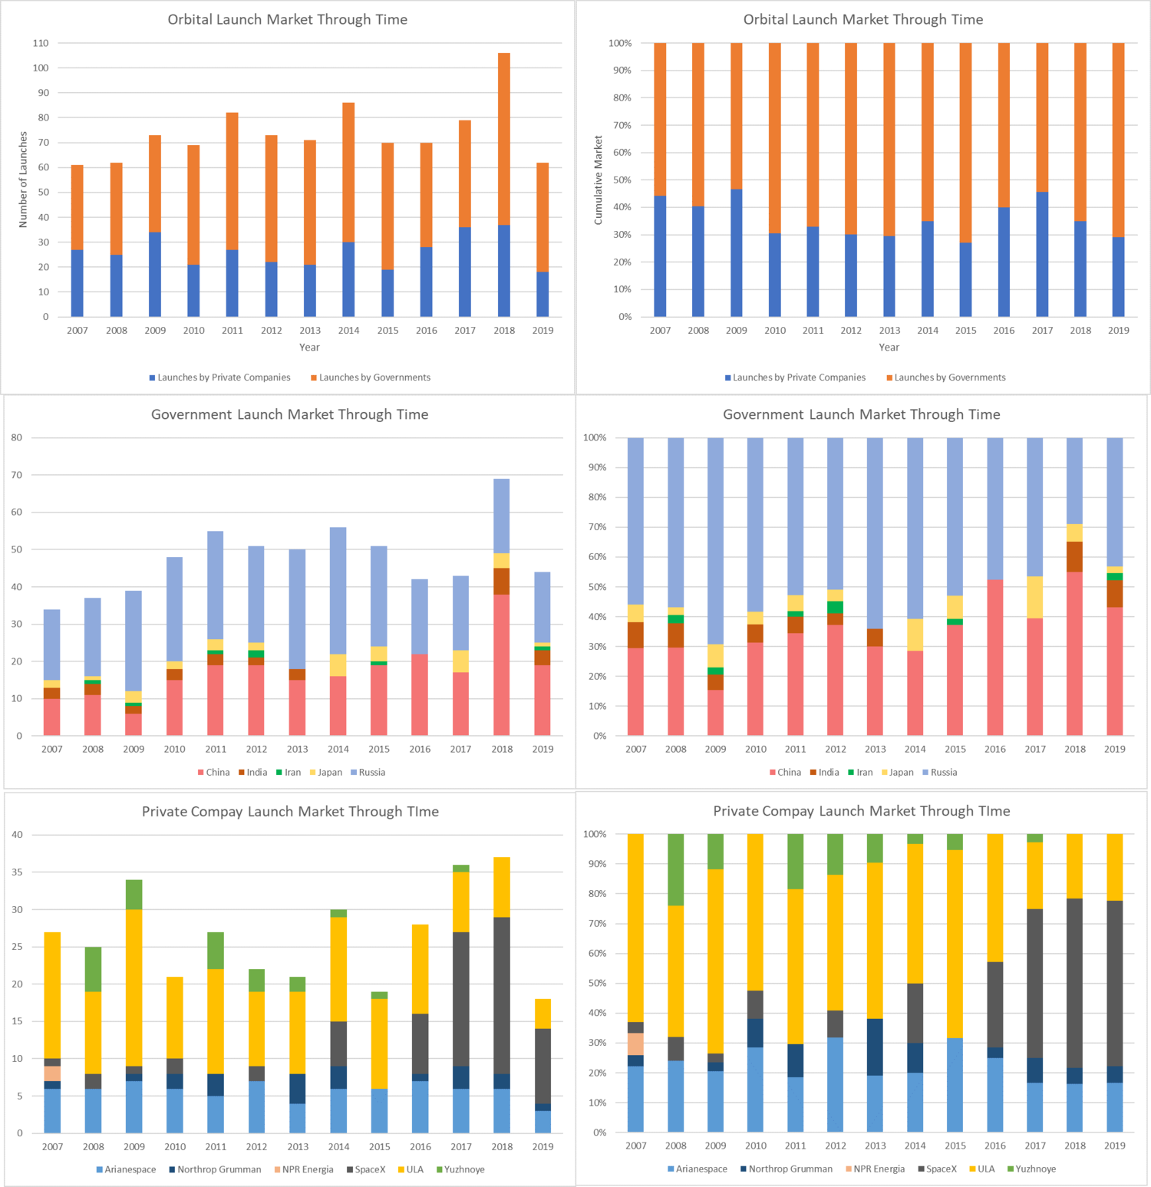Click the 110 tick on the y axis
[41, 43]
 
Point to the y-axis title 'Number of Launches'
[23, 180]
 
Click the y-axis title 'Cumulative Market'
[599, 180]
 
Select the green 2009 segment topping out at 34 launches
[134, 895]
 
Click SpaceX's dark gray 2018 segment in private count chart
[502, 995]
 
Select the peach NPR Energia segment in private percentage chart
[635, 1044]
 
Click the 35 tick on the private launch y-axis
[17, 872]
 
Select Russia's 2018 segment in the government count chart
[502, 516]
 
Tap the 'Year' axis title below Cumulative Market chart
[889, 348]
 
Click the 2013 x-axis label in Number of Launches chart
[310, 331]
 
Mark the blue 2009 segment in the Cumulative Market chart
[737, 253]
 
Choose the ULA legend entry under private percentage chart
[985, 1169]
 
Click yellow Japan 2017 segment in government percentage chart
[1035, 597]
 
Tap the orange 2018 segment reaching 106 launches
[504, 139]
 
